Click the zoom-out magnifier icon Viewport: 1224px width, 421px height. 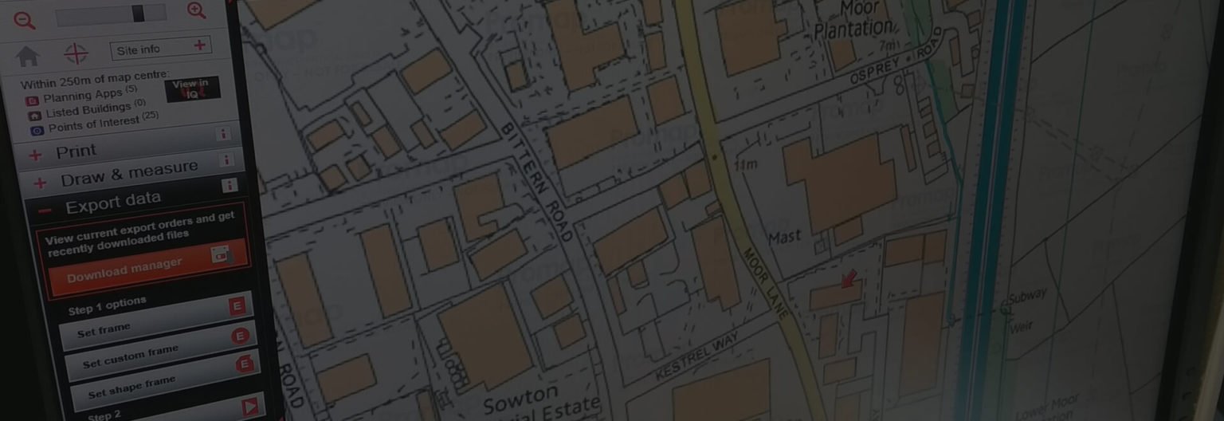pyautogui.click(x=25, y=18)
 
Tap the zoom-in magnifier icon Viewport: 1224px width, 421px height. pyautogui.click(x=196, y=11)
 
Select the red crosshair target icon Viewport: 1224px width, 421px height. pyautogui.click(x=76, y=53)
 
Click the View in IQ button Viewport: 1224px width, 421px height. pyautogui.click(x=192, y=89)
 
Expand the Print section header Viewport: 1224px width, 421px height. pyautogui.click(x=76, y=151)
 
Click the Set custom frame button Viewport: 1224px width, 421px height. pyautogui.click(x=131, y=356)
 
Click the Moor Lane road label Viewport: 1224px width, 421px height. pyautogui.click(x=765, y=282)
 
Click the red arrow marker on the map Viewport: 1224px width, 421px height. pyautogui.click(x=849, y=279)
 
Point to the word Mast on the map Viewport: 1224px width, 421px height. pyautogui.click(x=784, y=238)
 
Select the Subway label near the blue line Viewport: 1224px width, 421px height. pyautogui.click(x=1027, y=297)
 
